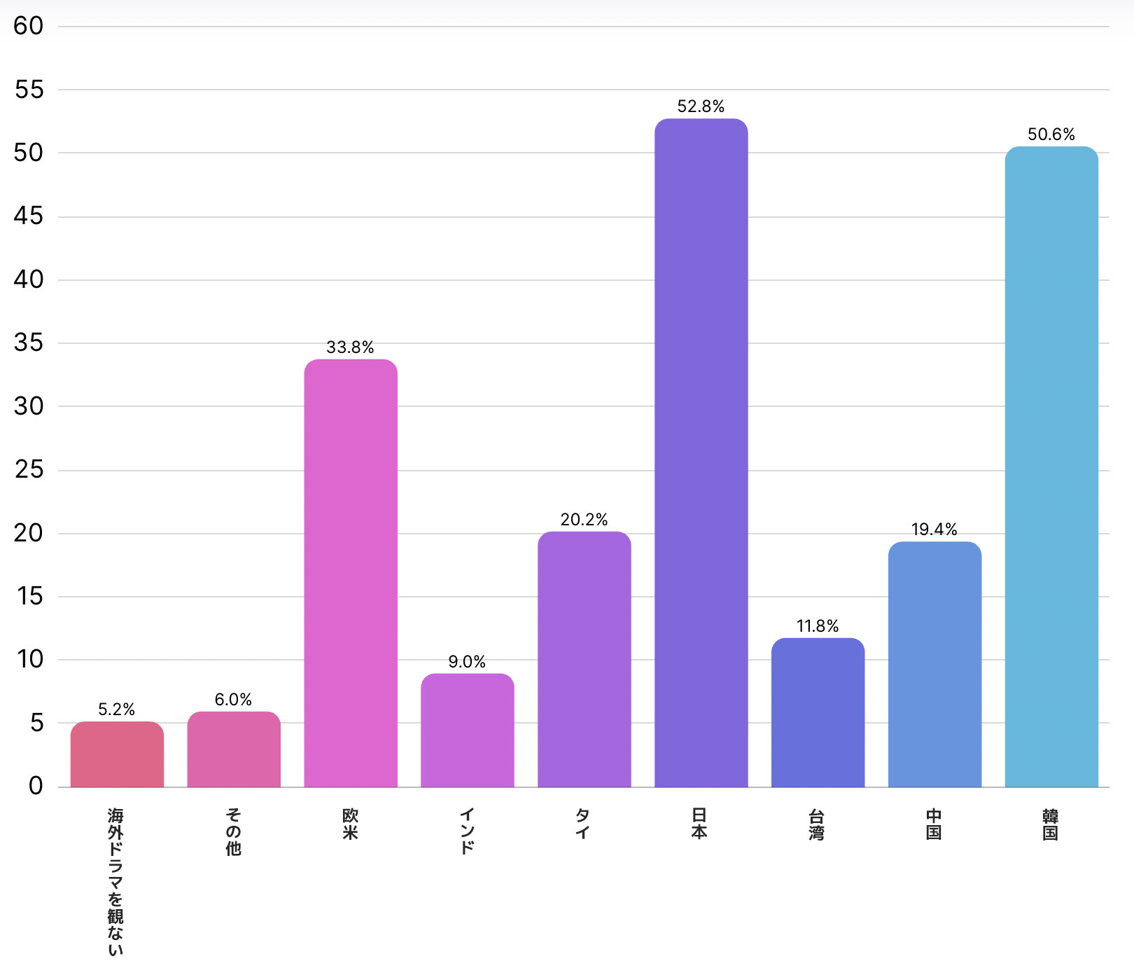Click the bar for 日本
click(x=701, y=452)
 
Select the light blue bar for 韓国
click(x=1051, y=466)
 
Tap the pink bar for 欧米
click(x=351, y=573)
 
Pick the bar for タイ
click(x=584, y=659)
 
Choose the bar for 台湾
click(x=818, y=712)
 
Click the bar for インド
click(x=467, y=730)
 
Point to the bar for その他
click(x=234, y=749)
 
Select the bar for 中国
click(x=934, y=664)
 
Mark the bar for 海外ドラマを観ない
click(x=117, y=754)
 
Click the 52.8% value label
click(x=701, y=106)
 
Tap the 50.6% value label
click(x=1051, y=134)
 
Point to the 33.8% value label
click(x=350, y=347)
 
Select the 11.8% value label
click(x=817, y=626)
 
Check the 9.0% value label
click(x=467, y=662)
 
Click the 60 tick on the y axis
click(x=29, y=27)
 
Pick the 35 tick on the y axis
click(x=29, y=343)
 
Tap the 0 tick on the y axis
click(x=36, y=786)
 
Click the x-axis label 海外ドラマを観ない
click(x=115, y=881)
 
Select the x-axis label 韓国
click(x=1050, y=824)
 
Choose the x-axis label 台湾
click(x=817, y=824)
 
